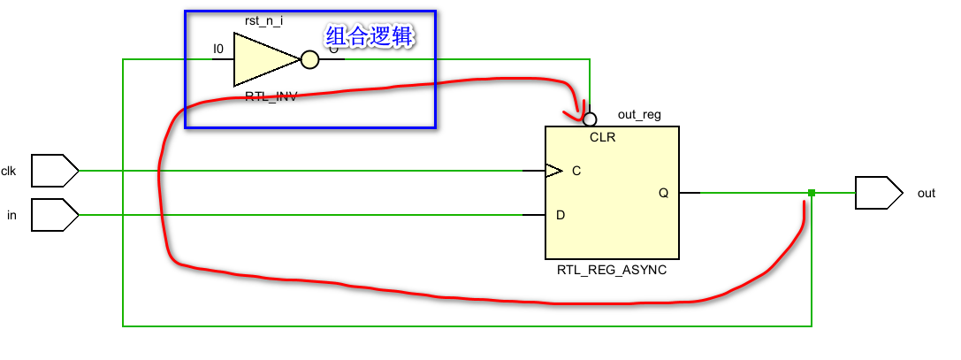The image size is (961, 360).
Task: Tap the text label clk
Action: click(x=9, y=171)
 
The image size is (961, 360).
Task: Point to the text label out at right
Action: click(x=926, y=194)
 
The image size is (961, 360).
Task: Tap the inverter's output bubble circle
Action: click(x=309, y=60)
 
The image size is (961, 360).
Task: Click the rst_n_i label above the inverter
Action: click(x=263, y=19)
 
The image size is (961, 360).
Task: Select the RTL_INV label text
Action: click(x=271, y=96)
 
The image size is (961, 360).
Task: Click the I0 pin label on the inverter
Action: click(x=218, y=50)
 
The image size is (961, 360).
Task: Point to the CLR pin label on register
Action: click(x=602, y=138)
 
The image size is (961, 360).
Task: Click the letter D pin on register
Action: click(x=560, y=215)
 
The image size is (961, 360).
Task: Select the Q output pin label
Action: click(x=664, y=193)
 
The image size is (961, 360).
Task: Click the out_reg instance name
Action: click(x=638, y=115)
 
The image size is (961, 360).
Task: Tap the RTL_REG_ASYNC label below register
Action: click(x=611, y=271)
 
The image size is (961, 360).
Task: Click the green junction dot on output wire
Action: click(x=811, y=193)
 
